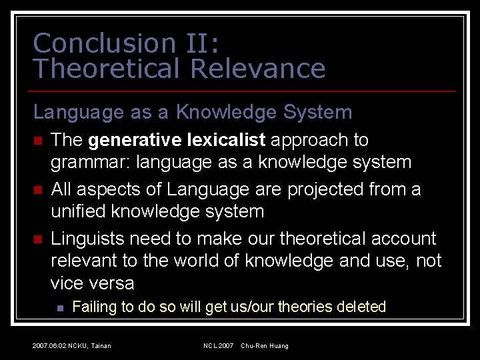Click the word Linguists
point(87,239)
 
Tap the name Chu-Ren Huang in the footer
point(265,345)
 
